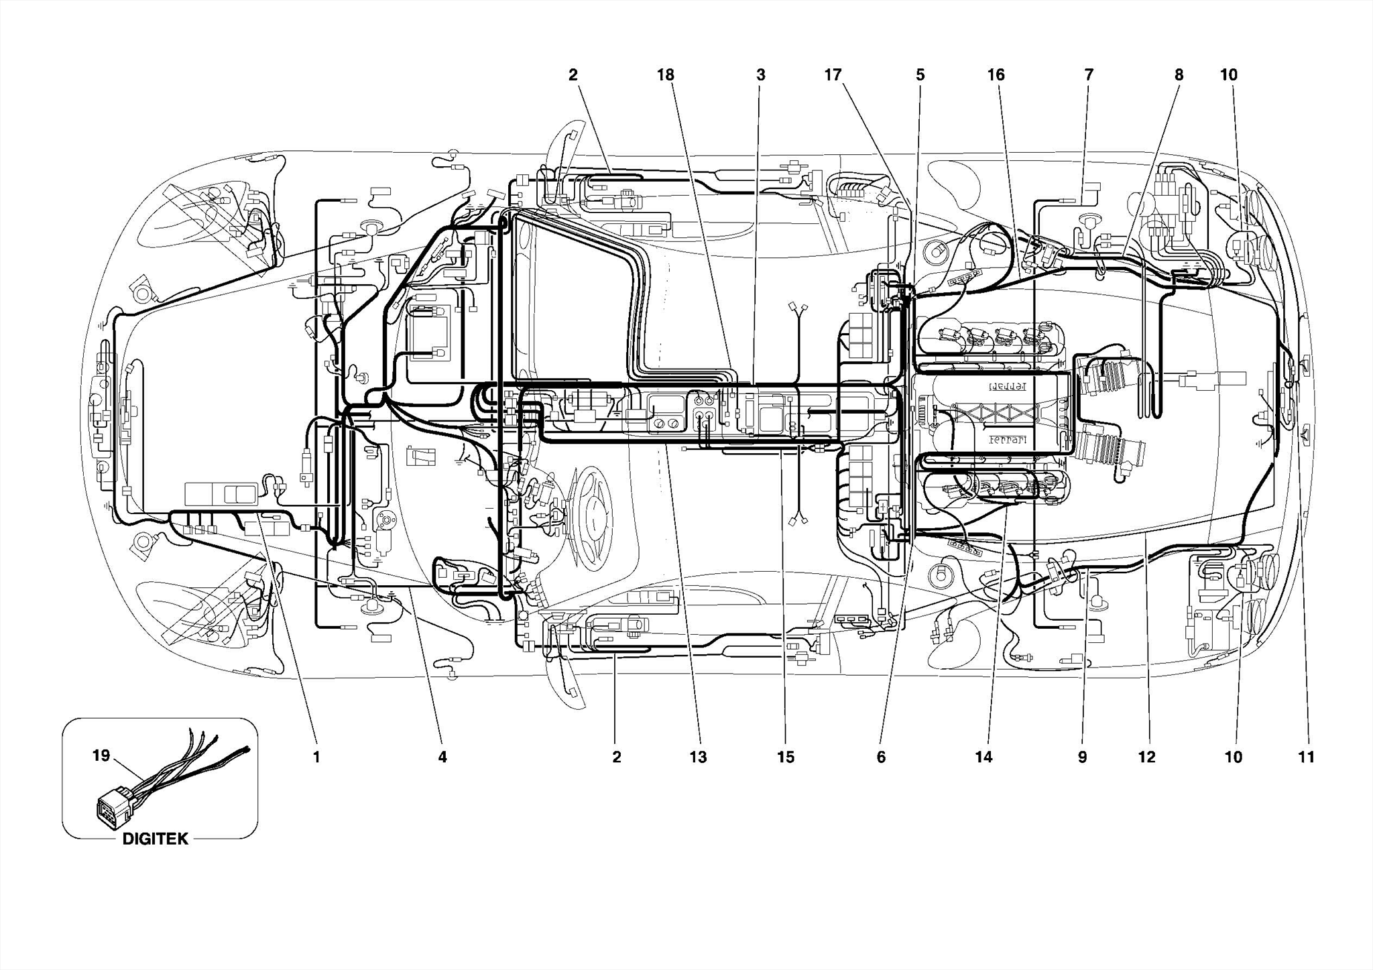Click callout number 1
316,757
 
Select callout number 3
760,75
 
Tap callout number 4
442,757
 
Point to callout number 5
920,75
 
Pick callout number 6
881,757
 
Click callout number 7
1089,75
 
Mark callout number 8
1179,75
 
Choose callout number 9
1082,757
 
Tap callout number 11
1306,757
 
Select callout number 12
1146,757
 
